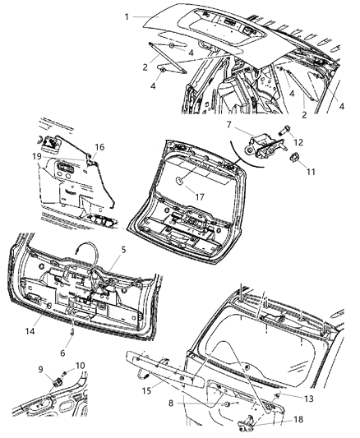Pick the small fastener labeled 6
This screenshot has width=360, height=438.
coord(72,334)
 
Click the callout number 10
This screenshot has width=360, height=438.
coord(80,366)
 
